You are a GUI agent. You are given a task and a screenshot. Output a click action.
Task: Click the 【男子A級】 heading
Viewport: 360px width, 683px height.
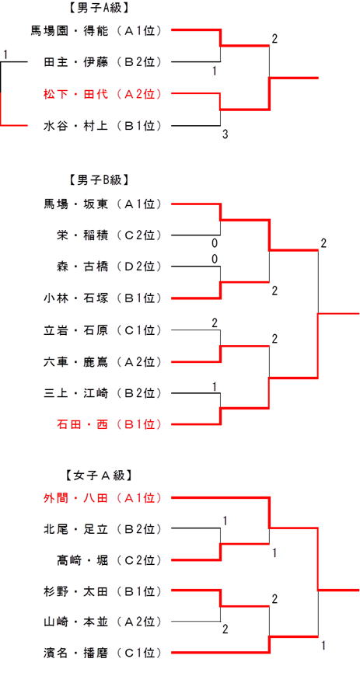pos(98,8)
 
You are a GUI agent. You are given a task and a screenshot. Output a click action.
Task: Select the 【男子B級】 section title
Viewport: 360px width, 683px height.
pos(98,180)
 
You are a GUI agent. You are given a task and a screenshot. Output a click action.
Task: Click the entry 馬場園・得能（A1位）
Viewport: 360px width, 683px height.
pos(96,31)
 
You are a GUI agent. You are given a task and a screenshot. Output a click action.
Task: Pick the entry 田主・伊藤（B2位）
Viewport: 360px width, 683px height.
pos(103,62)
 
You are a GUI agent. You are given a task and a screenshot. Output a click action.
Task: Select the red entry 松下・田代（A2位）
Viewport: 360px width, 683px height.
pos(103,94)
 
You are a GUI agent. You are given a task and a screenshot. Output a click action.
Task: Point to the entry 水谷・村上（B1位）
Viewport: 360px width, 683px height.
pos(103,126)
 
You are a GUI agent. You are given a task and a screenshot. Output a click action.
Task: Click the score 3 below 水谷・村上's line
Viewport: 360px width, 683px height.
pos(225,134)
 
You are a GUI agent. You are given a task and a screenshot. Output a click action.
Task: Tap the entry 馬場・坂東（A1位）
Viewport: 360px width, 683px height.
pos(103,204)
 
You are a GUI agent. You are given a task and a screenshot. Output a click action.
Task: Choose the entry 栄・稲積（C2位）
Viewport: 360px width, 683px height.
pos(109,235)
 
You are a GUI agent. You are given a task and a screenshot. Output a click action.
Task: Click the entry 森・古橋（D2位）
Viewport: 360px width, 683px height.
pos(109,266)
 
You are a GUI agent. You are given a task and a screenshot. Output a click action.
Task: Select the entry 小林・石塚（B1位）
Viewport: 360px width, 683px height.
pos(103,298)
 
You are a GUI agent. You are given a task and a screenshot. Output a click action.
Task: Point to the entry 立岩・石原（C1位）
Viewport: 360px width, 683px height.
pos(103,330)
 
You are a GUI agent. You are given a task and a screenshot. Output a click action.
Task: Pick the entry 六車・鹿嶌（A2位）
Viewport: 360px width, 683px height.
pos(103,361)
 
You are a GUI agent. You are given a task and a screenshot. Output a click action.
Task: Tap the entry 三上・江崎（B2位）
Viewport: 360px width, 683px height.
pos(103,393)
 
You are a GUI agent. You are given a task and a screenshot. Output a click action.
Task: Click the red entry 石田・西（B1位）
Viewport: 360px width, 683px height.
pos(109,423)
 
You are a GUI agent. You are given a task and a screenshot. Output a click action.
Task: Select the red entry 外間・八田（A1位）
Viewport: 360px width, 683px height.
pos(103,497)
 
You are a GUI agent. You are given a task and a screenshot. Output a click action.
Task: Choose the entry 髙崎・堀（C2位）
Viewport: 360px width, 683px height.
pos(109,559)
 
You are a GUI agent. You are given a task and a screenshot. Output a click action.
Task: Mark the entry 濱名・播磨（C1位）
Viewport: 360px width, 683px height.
pos(103,653)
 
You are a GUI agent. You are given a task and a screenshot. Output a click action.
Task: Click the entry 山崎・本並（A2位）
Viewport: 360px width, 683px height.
pos(103,622)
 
